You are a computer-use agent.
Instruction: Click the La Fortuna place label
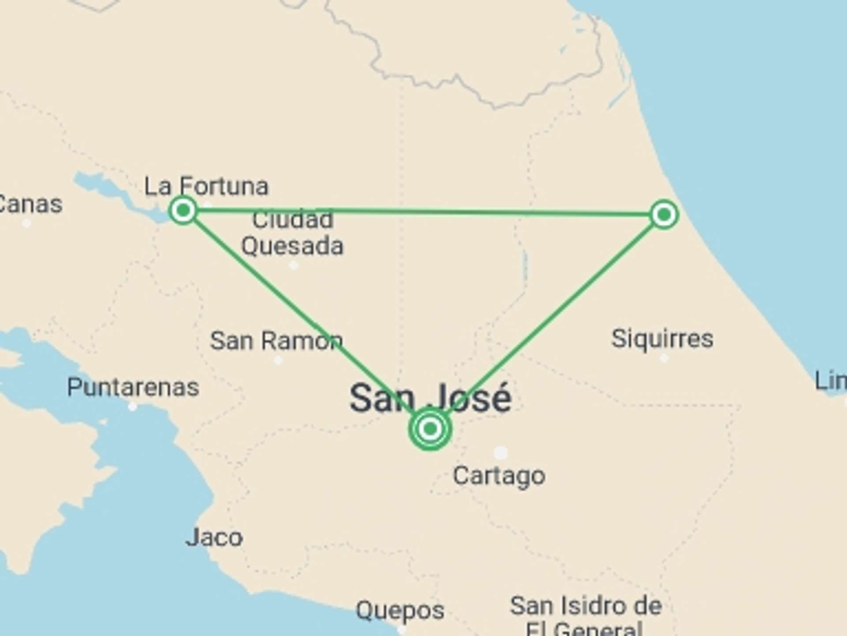tap(206, 186)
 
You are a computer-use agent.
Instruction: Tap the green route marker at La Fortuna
tap(183, 210)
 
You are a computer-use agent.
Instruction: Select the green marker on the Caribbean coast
tap(664, 215)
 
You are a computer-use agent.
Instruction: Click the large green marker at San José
tap(430, 428)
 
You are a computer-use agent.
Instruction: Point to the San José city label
tap(431, 398)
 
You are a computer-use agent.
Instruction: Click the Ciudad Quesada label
tap(292, 233)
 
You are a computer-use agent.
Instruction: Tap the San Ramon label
tap(277, 341)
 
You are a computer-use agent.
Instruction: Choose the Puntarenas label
tap(133, 388)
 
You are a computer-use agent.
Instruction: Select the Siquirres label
tap(662, 339)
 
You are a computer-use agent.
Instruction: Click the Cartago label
tap(499, 476)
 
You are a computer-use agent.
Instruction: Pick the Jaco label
tap(214, 538)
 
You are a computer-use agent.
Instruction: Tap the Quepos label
tap(400, 610)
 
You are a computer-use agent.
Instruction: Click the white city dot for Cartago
tap(501, 452)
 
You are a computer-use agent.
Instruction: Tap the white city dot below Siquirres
tap(664, 358)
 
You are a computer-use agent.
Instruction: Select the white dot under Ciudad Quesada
tap(294, 265)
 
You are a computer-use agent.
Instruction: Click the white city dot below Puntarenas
tap(132, 407)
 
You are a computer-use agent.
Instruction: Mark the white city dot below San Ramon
tap(278, 360)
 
